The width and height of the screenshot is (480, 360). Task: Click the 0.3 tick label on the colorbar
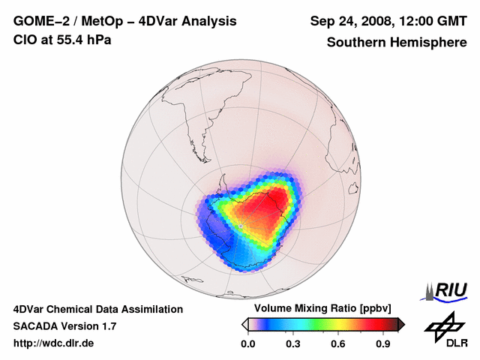pos(293,344)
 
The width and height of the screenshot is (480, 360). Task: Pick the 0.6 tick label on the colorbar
pos(339,344)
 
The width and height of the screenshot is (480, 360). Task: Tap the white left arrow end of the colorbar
pos(244,324)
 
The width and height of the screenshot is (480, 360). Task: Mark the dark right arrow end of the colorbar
pos(401,324)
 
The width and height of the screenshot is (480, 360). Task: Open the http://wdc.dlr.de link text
pos(54,343)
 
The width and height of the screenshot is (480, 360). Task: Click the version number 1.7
pos(106,326)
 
